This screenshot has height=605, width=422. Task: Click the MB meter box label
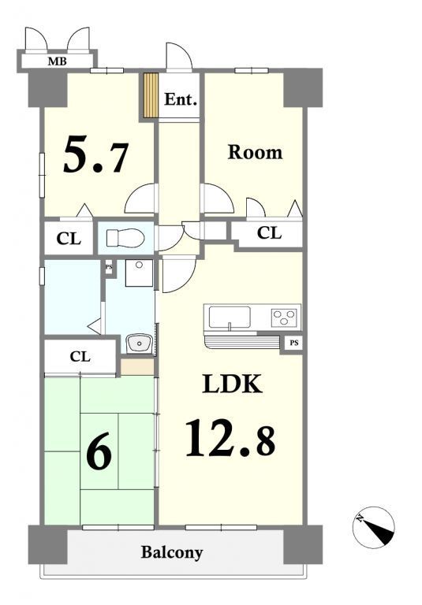click(x=58, y=61)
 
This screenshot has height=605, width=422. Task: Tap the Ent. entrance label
click(x=181, y=99)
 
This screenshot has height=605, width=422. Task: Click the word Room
click(x=255, y=152)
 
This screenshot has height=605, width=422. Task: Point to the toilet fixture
click(x=125, y=238)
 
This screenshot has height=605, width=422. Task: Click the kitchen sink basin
click(x=230, y=317)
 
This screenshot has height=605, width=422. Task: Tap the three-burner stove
click(x=286, y=317)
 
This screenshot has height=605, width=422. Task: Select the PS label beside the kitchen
click(x=294, y=342)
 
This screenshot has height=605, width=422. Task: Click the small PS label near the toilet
click(x=110, y=266)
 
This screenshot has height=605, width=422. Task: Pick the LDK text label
click(x=233, y=384)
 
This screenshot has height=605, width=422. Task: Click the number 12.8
click(x=230, y=438)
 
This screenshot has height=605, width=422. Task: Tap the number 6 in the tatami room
click(x=99, y=451)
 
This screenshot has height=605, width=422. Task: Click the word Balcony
click(x=172, y=552)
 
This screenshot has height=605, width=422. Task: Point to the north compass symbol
click(x=373, y=527)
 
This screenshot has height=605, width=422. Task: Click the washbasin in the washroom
click(x=140, y=343)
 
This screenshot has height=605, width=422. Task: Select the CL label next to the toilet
click(x=69, y=239)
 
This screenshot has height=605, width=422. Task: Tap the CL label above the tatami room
click(x=80, y=357)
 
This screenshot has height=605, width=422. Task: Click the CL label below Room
click(x=269, y=233)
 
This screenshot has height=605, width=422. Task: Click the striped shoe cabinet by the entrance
click(x=151, y=95)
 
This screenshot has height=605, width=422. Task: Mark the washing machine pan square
click(x=139, y=273)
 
